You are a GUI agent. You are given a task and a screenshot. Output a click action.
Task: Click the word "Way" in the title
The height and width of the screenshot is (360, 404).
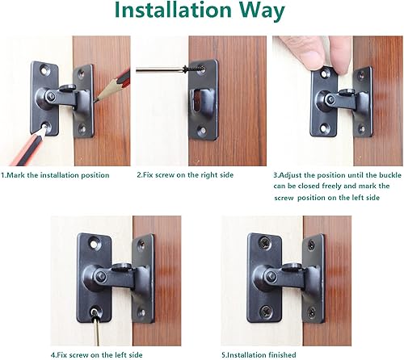pos(256,12)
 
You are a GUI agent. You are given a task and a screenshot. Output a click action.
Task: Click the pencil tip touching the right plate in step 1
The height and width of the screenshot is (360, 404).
pos(95,98)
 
